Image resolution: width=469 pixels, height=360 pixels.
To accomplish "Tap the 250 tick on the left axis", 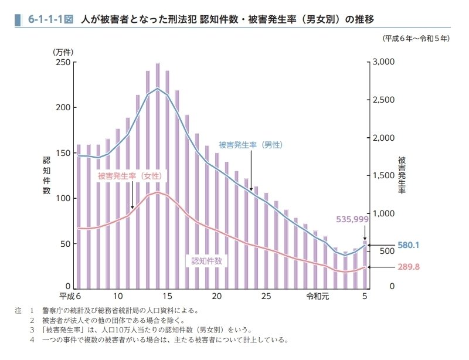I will [63, 63].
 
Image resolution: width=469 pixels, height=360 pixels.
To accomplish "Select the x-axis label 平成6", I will [70, 297].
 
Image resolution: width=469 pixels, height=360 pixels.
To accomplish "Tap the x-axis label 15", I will [168, 297].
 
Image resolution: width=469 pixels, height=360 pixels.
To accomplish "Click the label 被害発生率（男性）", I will [250, 144].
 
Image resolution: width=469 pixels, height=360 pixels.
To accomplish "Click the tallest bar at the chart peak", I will [158, 176].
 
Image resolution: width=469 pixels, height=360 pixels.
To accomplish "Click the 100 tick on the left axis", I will [63, 199].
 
